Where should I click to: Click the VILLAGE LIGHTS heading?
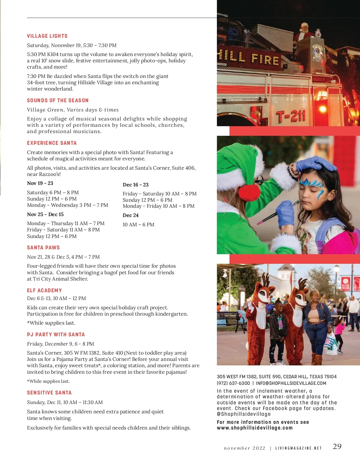click(47, 36)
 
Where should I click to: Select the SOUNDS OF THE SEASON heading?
click(58, 100)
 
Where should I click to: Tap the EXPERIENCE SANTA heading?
click(52, 143)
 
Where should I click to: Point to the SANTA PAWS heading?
click(43, 248)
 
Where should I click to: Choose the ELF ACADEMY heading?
click(44, 290)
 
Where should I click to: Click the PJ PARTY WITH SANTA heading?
click(56, 335)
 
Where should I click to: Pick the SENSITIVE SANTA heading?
click(49, 393)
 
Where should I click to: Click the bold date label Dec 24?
click(130, 215)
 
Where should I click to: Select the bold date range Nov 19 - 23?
click(40, 183)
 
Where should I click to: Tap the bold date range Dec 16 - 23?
click(136, 185)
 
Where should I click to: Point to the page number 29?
click(337, 446)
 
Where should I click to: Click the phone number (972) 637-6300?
click(233, 383)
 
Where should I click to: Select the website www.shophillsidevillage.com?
click(254, 428)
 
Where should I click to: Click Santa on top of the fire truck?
click(304, 31)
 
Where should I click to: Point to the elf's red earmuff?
click(249, 192)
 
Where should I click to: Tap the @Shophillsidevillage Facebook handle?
click(244, 414)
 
